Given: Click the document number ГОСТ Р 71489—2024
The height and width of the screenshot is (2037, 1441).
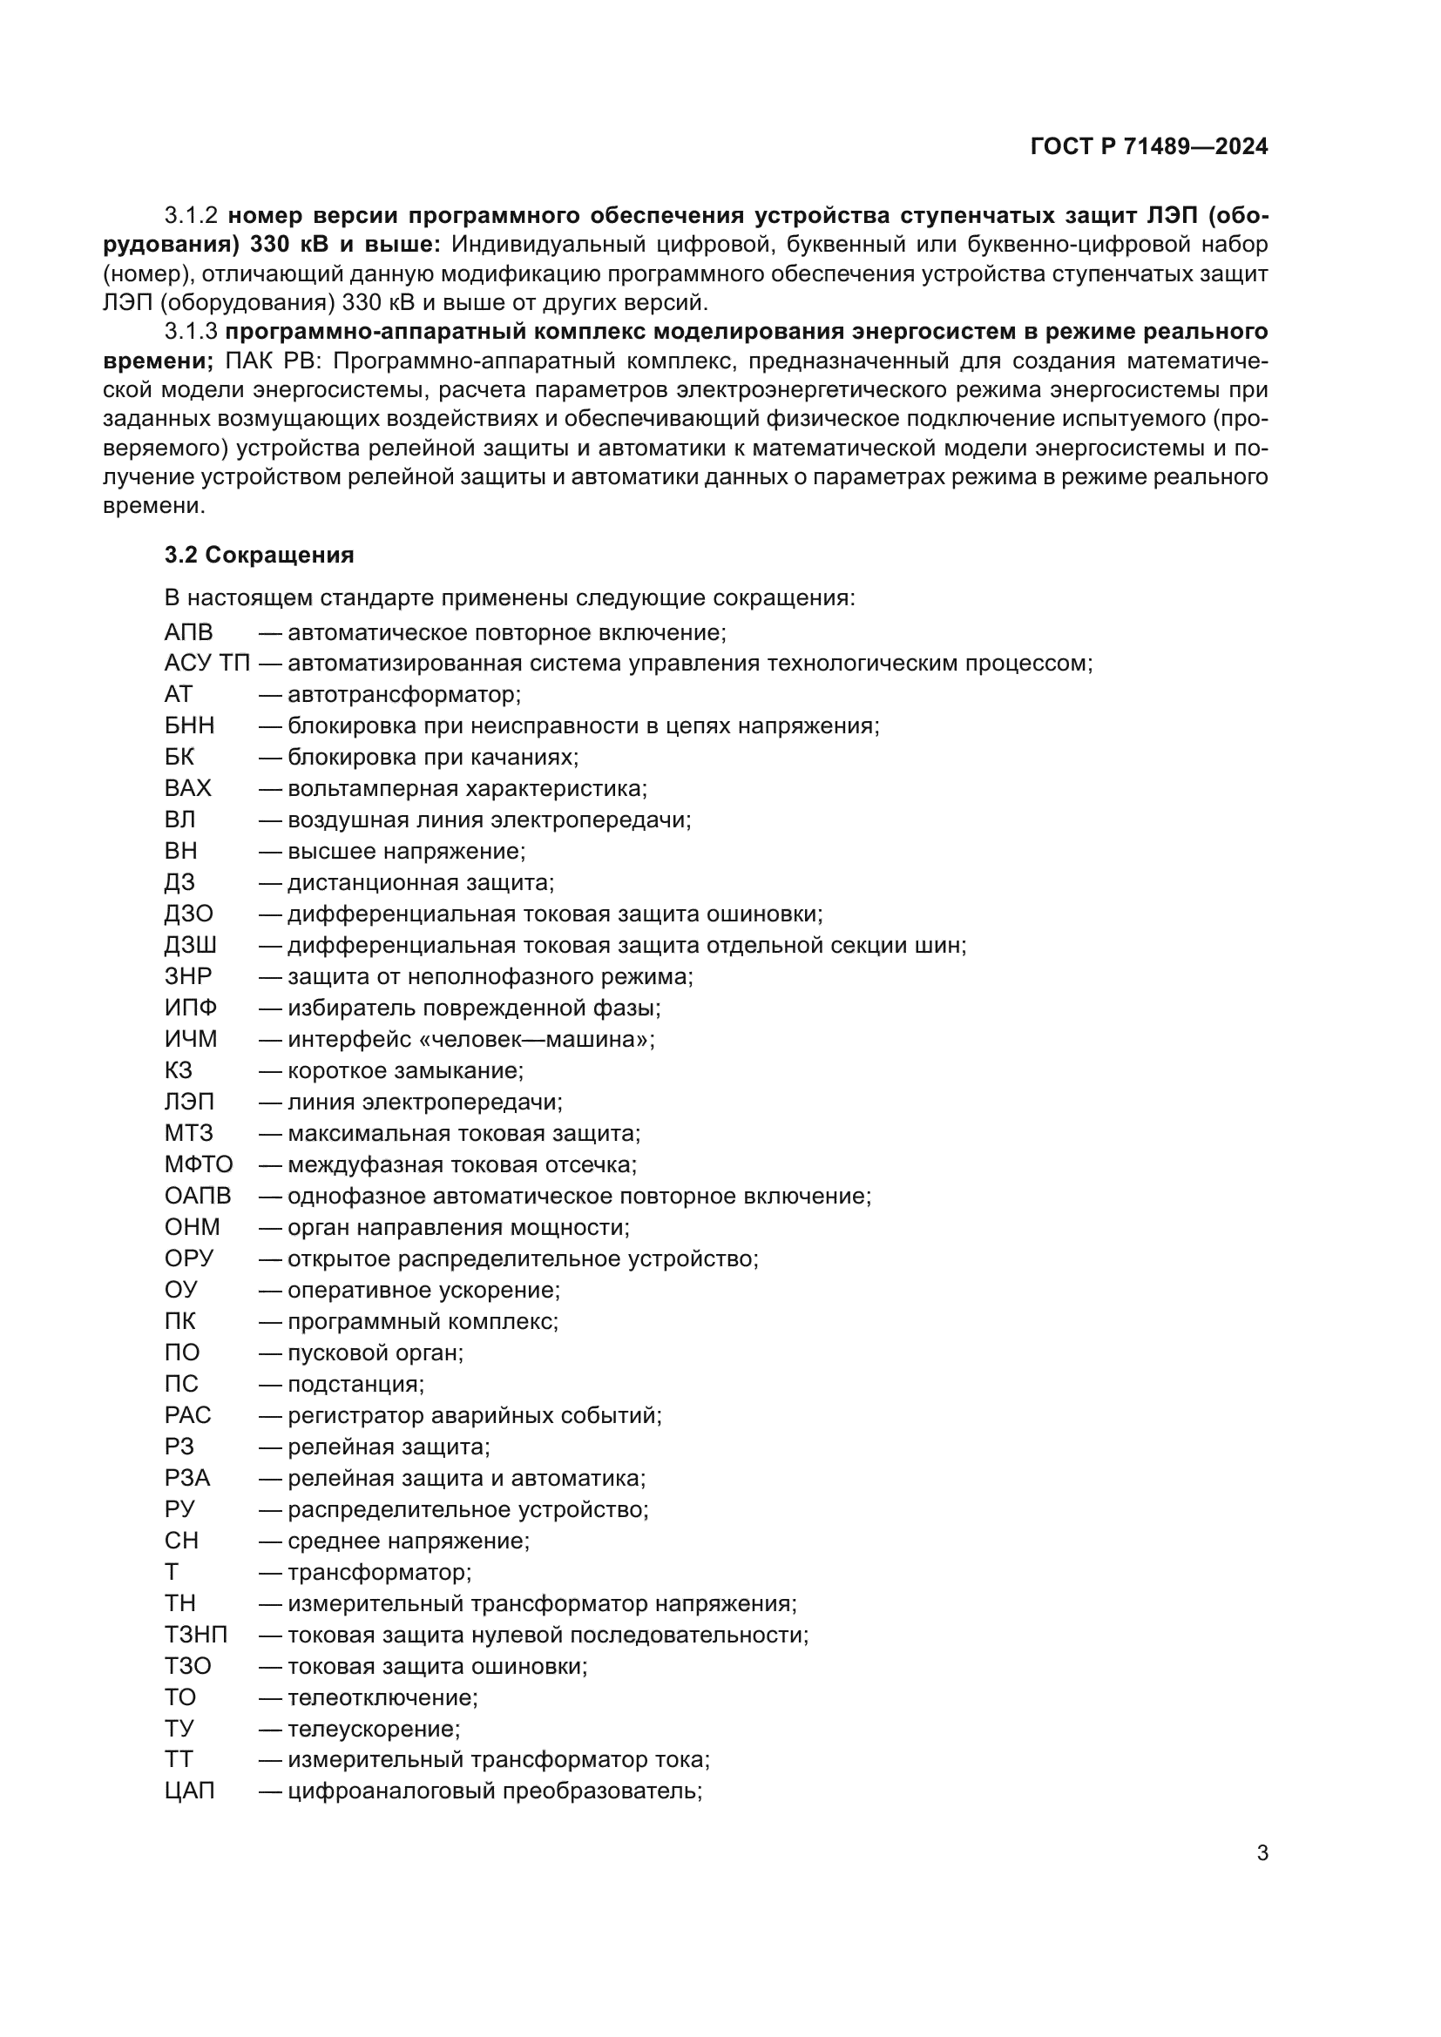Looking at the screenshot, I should [1149, 146].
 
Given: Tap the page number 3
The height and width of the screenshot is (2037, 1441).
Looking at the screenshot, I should [1262, 1852].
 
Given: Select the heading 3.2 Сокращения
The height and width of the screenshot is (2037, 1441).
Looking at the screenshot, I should [259, 555].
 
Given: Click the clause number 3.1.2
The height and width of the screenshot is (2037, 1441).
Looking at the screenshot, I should [191, 216].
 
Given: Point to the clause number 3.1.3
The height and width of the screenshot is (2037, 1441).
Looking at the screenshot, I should [191, 332].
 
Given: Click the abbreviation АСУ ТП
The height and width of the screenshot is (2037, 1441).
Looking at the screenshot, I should [206, 663].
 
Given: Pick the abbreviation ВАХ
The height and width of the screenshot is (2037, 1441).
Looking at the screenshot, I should [188, 788].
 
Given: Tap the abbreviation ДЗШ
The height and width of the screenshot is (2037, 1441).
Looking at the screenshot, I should [190, 945].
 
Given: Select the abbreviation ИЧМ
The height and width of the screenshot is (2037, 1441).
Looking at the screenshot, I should [191, 1039].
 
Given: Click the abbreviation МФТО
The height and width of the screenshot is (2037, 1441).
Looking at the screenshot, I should [199, 1164].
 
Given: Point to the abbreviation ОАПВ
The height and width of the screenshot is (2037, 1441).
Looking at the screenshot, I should [198, 1196].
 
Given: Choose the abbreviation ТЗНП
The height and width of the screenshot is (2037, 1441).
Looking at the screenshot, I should [196, 1634].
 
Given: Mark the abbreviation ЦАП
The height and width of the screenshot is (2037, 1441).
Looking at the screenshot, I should [190, 1791].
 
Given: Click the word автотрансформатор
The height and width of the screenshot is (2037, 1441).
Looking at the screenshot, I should [403, 694].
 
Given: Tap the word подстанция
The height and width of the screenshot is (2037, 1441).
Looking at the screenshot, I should [355, 1384].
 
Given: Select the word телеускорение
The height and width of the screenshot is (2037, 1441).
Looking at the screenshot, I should [373, 1728].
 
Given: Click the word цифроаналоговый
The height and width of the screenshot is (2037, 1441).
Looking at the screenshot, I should [391, 1791].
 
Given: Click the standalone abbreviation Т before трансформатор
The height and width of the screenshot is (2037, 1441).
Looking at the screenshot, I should [172, 1572].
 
